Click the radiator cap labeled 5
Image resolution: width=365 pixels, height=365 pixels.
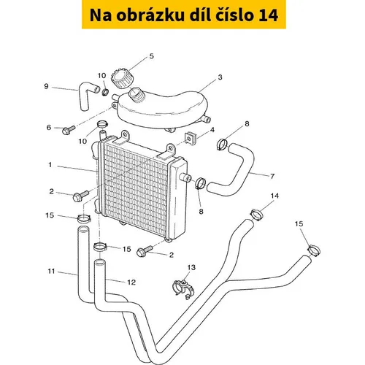[120, 80]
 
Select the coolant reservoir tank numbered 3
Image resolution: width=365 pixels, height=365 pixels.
[163, 110]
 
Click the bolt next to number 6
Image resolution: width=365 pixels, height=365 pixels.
[69, 130]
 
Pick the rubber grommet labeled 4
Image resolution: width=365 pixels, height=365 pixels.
[191, 138]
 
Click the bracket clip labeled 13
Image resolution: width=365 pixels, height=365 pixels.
[183, 289]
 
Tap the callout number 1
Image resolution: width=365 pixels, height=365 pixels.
[50, 165]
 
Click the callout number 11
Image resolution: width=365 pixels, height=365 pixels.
[51, 271]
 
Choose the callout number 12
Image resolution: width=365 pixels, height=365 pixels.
[131, 283]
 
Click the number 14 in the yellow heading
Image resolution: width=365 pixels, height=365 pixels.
[268, 15]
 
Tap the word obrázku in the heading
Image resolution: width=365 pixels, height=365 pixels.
[150, 15]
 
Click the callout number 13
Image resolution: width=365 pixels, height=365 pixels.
[191, 267]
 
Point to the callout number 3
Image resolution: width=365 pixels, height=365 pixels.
[220, 77]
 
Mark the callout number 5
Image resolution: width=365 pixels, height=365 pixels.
[152, 56]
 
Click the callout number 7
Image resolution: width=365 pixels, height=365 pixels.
[272, 176]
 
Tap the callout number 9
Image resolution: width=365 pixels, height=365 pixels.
[46, 86]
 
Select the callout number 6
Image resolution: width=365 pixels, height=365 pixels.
[49, 127]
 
